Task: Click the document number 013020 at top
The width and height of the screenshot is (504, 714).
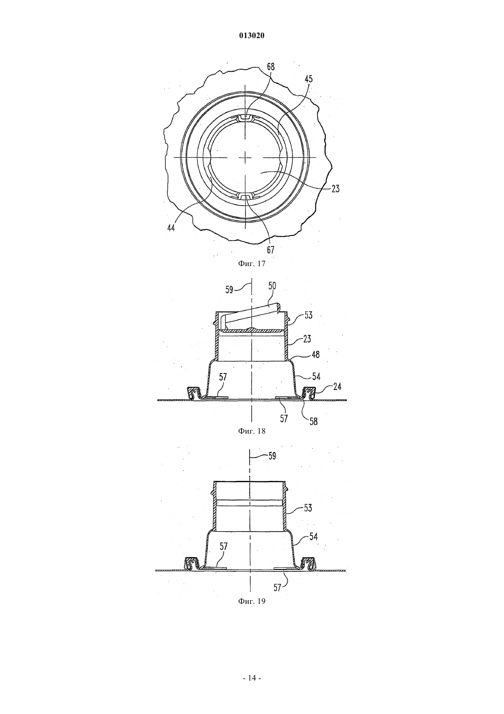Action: pos(252,36)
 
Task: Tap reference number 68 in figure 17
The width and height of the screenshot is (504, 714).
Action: pos(271,67)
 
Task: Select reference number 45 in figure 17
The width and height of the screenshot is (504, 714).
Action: pos(308,79)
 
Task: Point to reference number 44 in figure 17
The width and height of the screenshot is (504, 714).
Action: pos(171,228)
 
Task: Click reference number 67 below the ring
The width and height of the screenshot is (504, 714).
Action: pos(270,250)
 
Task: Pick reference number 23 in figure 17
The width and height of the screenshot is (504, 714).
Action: pos(335,189)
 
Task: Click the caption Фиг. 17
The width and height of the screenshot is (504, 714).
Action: pos(252,263)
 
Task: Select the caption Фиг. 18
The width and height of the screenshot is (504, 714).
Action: pos(252,431)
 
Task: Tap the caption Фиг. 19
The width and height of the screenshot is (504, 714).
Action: pos(252,601)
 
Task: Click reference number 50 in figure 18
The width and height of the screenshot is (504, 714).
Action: pos(272,285)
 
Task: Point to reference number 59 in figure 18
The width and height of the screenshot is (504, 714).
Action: pos(230,290)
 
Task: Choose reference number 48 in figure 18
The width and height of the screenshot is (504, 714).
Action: pos(316,354)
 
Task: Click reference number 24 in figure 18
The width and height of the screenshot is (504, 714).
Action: pos(337,387)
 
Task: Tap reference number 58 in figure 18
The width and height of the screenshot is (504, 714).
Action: pos(314,421)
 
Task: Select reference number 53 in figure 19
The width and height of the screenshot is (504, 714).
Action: pos(308,508)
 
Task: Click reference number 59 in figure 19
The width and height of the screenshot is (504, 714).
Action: pos(272,456)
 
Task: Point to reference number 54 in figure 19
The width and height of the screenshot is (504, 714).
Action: pos(314,537)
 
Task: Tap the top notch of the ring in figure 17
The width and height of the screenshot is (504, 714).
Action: pos(245,118)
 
